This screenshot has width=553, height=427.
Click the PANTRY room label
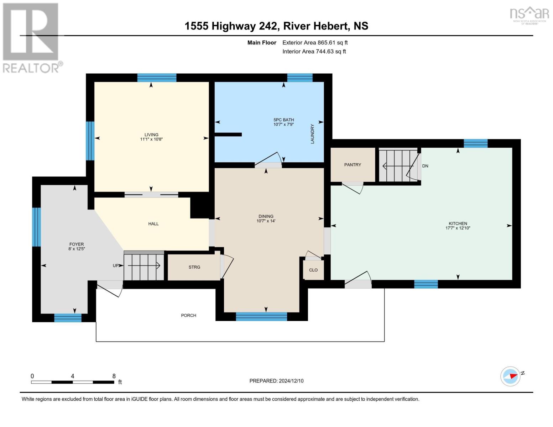(x=353, y=165)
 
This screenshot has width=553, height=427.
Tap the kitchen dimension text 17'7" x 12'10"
(x=458, y=228)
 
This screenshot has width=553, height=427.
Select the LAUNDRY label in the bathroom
(x=312, y=134)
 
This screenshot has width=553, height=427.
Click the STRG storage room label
(x=194, y=267)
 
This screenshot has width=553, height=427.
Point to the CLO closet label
(x=313, y=270)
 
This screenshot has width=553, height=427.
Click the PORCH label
(x=188, y=316)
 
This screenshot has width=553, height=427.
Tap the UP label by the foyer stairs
(x=116, y=265)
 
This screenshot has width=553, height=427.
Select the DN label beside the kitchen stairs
(x=425, y=166)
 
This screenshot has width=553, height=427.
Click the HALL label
(x=153, y=224)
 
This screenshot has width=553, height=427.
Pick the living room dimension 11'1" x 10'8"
(x=151, y=139)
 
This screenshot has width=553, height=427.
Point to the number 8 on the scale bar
(x=114, y=376)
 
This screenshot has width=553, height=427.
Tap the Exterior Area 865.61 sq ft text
(x=315, y=43)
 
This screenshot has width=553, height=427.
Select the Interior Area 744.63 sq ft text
(x=314, y=52)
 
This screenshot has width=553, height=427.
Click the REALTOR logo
(x=31, y=37)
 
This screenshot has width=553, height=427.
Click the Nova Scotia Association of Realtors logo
(x=529, y=15)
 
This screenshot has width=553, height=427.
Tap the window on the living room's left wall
(x=90, y=141)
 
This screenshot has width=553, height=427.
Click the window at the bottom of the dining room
(x=261, y=316)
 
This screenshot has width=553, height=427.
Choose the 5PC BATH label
(x=283, y=120)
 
